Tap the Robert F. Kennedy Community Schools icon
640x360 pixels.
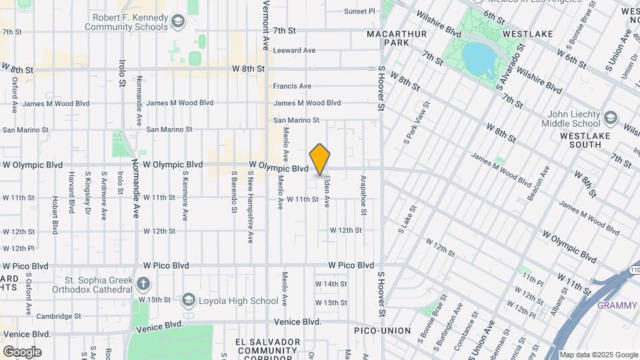tap(177, 23)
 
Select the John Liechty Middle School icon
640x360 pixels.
tap(610, 119)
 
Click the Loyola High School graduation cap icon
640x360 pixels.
tap(188, 301)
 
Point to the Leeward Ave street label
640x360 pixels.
tap(294, 50)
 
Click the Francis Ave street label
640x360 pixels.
tap(292, 86)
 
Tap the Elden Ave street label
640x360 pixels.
tap(327, 191)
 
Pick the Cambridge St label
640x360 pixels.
tap(59, 316)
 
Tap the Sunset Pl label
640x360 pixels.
tap(360, 11)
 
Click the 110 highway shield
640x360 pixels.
tap(634, 270)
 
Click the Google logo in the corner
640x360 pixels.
tap(22, 351)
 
